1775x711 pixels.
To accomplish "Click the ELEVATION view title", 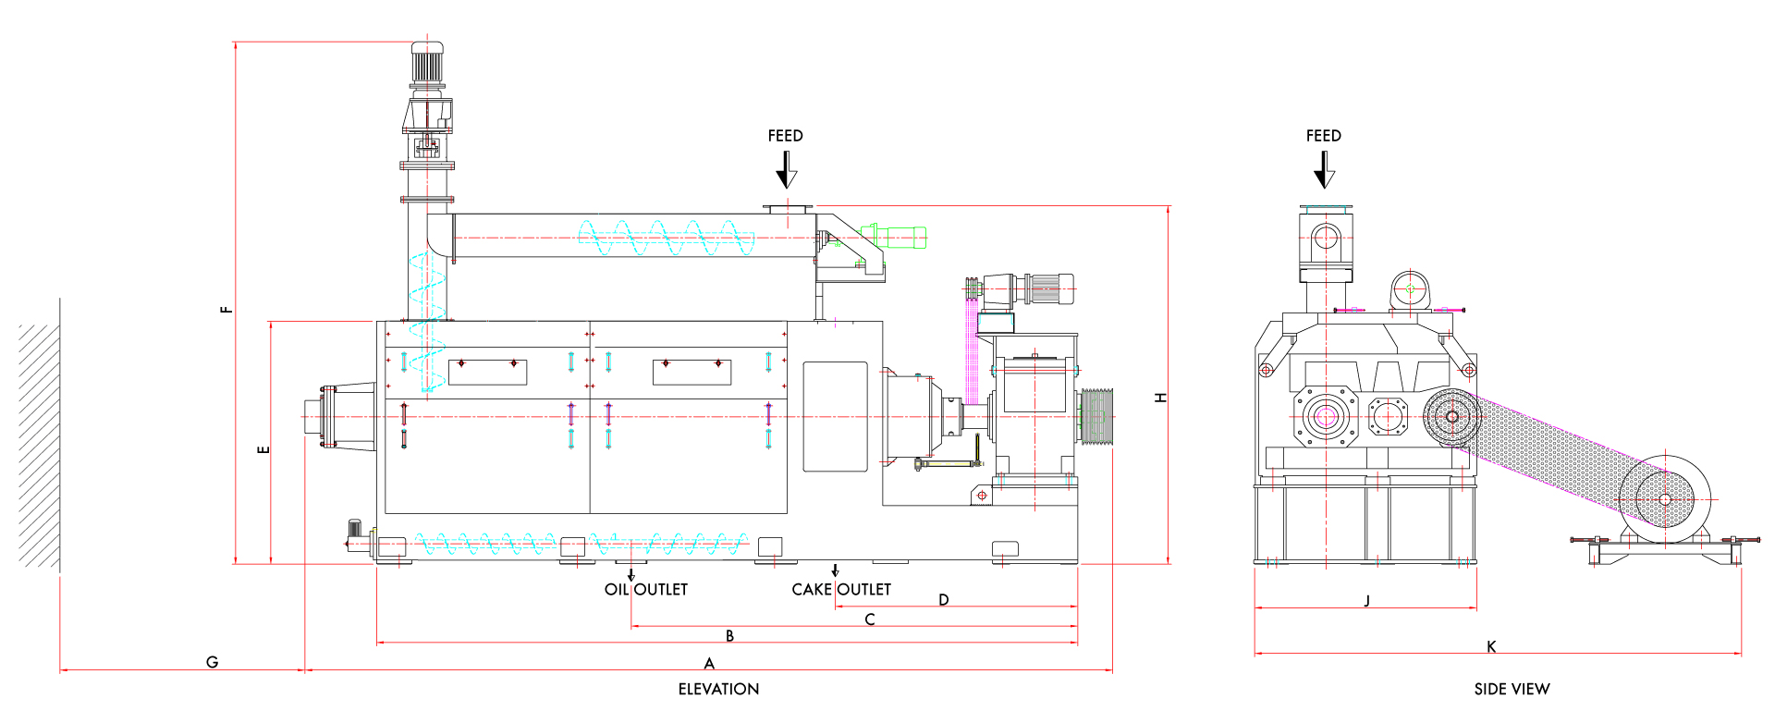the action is tap(718, 689).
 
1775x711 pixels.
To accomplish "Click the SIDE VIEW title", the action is tap(1512, 689).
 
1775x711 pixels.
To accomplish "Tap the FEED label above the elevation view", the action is tap(785, 136).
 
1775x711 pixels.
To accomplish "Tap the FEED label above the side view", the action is tap(1323, 136).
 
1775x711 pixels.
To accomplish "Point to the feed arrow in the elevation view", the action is tap(786, 169).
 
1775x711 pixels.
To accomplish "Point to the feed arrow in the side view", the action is tap(1324, 169).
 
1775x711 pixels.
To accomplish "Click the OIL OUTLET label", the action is tap(646, 589).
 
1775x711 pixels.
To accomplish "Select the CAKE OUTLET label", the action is tap(841, 589).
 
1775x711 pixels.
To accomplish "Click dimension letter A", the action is tap(709, 663).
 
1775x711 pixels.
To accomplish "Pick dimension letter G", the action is tap(212, 662).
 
